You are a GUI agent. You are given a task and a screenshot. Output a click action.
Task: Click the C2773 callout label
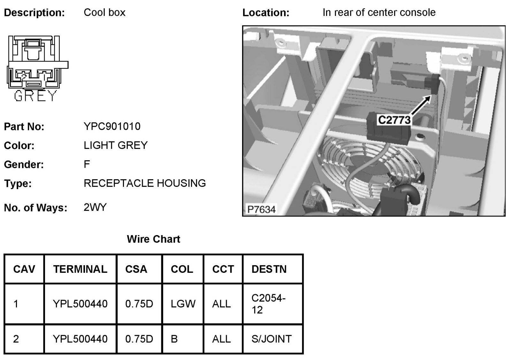coord(394,120)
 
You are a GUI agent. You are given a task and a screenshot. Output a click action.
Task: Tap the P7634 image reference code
coord(261,209)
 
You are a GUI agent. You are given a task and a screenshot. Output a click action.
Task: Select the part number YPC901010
coord(112,126)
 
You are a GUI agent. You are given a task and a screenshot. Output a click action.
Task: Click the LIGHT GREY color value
coord(115,145)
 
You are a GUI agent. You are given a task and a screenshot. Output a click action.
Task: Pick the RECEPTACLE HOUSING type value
coord(144,183)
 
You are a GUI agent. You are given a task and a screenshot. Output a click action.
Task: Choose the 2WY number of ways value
coord(95,207)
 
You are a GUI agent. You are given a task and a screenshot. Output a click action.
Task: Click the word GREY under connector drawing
coord(35,96)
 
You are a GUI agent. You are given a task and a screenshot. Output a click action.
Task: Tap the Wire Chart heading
coord(153,239)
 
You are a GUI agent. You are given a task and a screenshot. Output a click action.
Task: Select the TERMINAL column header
coord(80,269)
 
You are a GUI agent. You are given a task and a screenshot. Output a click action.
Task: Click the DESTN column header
coord(269,269)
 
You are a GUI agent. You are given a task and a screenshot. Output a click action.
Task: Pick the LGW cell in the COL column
coord(183,303)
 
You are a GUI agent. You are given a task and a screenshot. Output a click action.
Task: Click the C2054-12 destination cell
coord(268,304)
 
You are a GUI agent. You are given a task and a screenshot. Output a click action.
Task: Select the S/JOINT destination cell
coord(271,339)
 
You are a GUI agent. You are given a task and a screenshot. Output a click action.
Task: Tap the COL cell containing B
coord(174,339)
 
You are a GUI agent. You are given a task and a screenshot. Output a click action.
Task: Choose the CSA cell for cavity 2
coord(139,339)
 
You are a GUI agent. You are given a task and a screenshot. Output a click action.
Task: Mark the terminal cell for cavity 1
coord(80,303)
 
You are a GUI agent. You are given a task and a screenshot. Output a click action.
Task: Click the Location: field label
coord(266,13)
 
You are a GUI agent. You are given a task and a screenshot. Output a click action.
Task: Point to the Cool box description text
coord(104,12)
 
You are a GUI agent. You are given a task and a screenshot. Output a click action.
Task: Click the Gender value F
coord(87,164)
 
